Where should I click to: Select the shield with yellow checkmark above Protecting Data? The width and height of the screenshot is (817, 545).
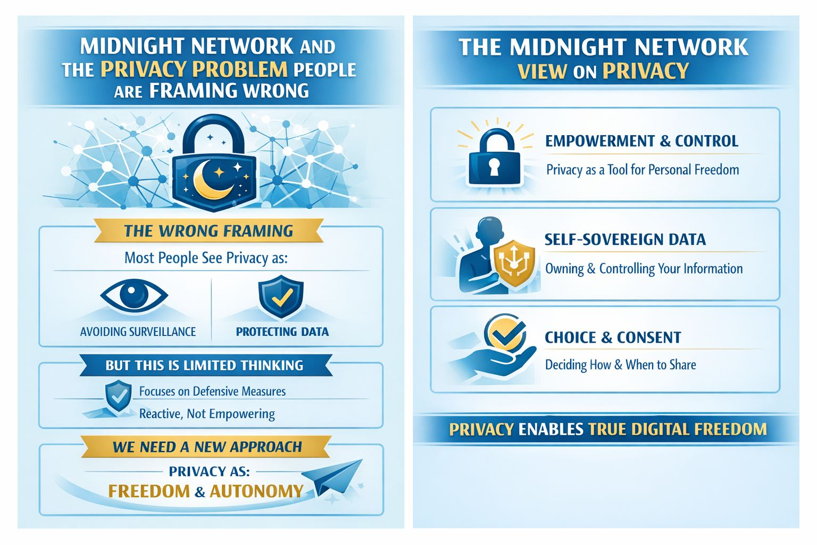point(281,296)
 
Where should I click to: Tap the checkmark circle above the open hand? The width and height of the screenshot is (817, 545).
point(505,333)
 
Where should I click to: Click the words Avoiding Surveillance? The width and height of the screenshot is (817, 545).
point(138,332)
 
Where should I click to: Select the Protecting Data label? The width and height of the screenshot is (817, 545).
point(282,332)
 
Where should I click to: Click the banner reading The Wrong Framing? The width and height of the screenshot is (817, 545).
point(209,231)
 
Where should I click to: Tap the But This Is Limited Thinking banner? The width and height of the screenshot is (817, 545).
point(204,366)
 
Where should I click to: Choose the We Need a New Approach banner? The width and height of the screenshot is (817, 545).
point(207,447)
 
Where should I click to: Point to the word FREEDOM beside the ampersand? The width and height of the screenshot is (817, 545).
point(149,491)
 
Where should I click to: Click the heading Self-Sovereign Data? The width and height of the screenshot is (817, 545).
point(625,240)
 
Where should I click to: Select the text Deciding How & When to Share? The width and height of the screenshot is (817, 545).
point(620,365)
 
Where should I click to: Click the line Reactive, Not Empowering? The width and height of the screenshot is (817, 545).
point(207,414)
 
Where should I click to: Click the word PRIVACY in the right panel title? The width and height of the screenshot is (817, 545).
point(645,71)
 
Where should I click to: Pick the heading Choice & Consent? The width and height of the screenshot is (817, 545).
point(613,337)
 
